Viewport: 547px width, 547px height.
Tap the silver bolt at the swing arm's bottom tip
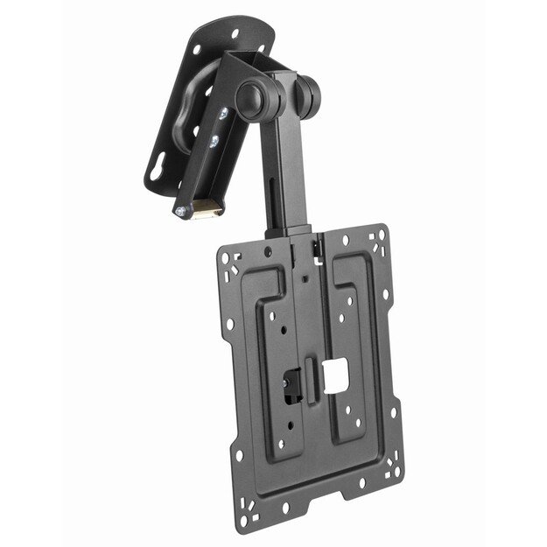(x=180, y=211)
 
